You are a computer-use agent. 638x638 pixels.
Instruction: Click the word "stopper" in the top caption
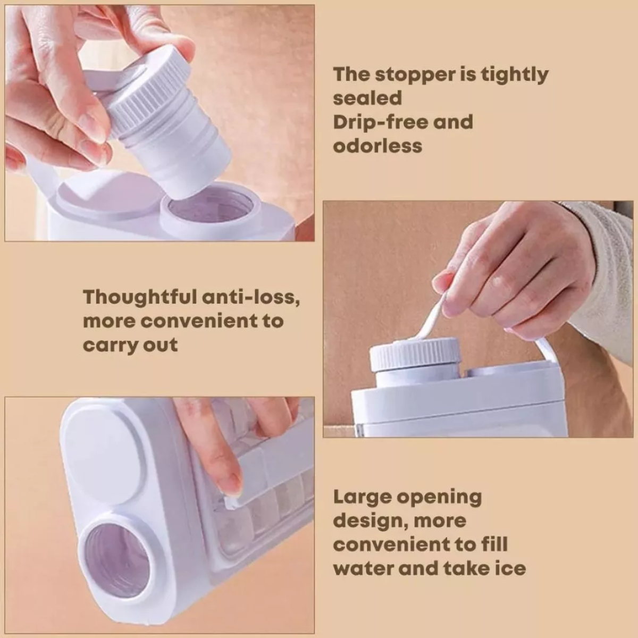(414, 75)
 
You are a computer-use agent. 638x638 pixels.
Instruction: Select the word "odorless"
(377, 146)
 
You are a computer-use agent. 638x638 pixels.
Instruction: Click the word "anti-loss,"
(251, 297)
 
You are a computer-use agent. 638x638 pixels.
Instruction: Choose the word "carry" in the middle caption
(110, 346)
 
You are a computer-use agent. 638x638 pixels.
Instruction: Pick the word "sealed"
(367, 98)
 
